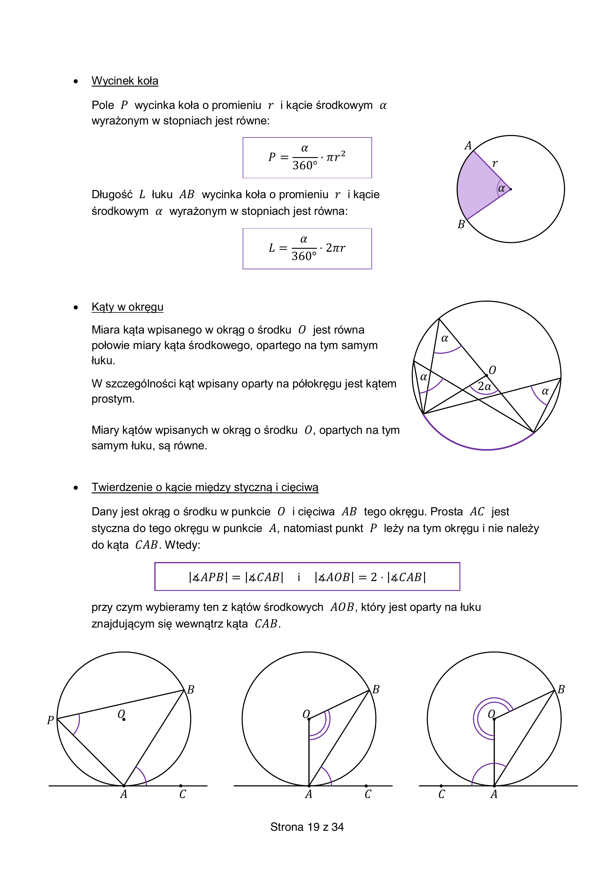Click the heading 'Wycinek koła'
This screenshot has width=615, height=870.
(x=125, y=81)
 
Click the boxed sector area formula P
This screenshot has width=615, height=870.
(x=307, y=158)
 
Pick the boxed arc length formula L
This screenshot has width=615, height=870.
(x=307, y=248)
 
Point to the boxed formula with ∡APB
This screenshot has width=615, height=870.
(x=307, y=577)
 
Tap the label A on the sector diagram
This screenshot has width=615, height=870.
(x=468, y=145)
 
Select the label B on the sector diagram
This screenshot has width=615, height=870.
(x=461, y=224)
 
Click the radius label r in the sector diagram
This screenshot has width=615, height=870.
(x=495, y=164)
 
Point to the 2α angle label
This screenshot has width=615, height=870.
(x=484, y=387)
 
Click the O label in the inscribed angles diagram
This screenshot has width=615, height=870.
(x=492, y=370)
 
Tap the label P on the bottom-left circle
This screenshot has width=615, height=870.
(x=50, y=720)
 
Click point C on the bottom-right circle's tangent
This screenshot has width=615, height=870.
(x=441, y=786)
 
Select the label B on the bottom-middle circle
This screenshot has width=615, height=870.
(x=376, y=689)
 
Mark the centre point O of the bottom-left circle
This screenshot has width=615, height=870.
(x=124, y=719)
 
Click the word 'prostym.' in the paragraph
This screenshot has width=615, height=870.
(x=113, y=399)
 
